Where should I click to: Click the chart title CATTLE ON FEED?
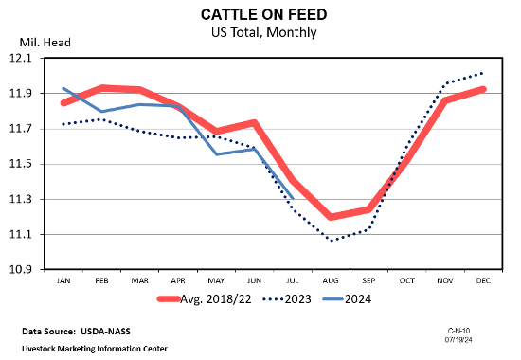pyautogui.click(x=264, y=14)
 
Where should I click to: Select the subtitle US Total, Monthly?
pyautogui.click(x=264, y=32)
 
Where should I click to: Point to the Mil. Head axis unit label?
pyautogui.click(x=45, y=43)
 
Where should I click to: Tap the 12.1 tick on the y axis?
pyautogui.click(x=20, y=58)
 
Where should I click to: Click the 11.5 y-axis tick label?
pyautogui.click(x=20, y=164)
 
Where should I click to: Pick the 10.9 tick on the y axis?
pyautogui.click(x=20, y=269)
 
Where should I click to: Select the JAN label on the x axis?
pyautogui.click(x=63, y=280)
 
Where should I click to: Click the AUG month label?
pyautogui.click(x=331, y=280)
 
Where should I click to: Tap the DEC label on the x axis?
pyautogui.click(x=483, y=280)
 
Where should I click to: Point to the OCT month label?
pyautogui.click(x=407, y=280)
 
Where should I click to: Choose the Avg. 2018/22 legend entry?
pyautogui.click(x=204, y=299)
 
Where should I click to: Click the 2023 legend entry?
pyautogui.click(x=287, y=299)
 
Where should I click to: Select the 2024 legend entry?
pyautogui.click(x=347, y=299)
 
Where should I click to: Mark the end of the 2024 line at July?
pyautogui.click(x=293, y=199)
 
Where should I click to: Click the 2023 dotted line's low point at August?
pyautogui.click(x=332, y=241)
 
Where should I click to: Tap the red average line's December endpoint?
pyautogui.click(x=482, y=89)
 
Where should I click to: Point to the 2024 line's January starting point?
pyautogui.click(x=63, y=88)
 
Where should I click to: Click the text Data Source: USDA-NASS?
pyautogui.click(x=76, y=332)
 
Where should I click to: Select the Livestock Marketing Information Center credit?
pyautogui.click(x=95, y=349)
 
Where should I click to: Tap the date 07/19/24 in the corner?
pyautogui.click(x=458, y=340)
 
